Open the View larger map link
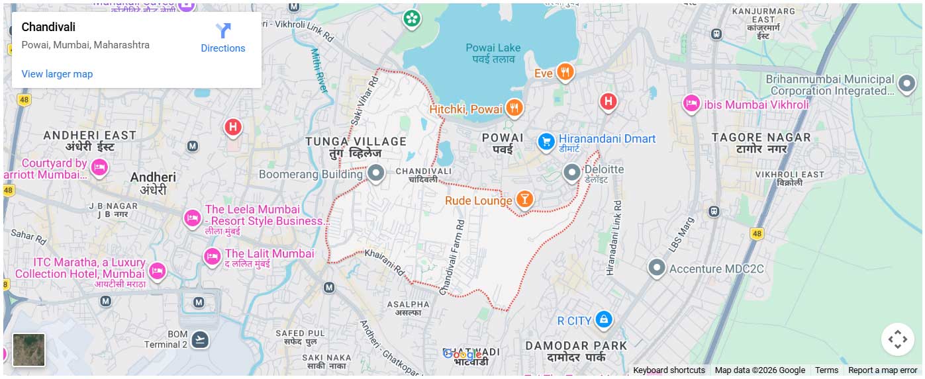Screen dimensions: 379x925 [x=57, y=74]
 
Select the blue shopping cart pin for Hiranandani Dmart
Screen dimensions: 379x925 [x=546, y=141]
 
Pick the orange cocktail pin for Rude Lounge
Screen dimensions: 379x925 [x=524, y=199]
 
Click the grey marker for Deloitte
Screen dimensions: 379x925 [x=571, y=173]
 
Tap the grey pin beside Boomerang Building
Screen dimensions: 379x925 [x=376, y=174]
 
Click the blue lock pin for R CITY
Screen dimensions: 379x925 [x=603, y=320]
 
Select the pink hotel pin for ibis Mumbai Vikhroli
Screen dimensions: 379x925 [x=691, y=103]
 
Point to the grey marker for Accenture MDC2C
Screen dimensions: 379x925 [x=656, y=267]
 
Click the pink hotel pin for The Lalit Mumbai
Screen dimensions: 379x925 [x=212, y=256]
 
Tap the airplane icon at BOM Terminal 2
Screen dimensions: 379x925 [x=199, y=340]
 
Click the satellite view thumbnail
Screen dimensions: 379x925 [x=29, y=350]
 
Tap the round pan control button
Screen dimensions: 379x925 [x=897, y=339]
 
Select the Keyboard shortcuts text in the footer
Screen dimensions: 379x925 [x=669, y=370]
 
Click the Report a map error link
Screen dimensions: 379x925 [x=882, y=370]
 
